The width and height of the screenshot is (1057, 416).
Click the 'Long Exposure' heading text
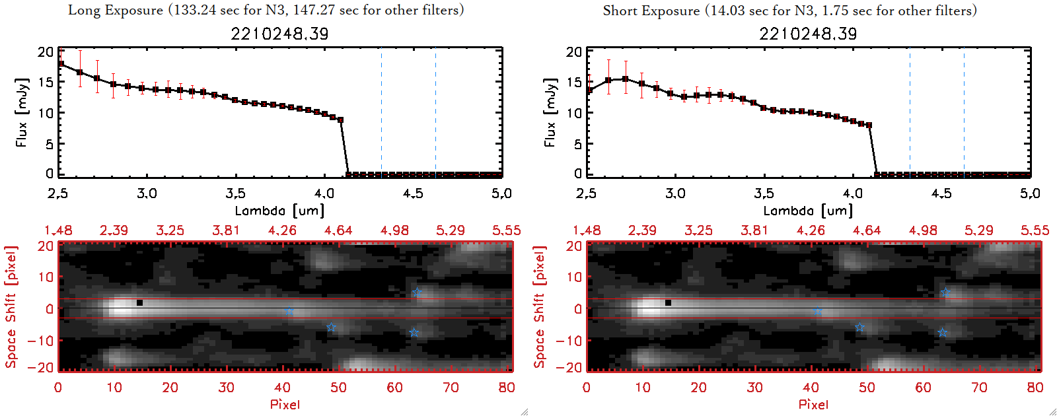(x=116, y=10)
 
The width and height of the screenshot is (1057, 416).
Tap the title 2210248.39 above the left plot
(x=279, y=34)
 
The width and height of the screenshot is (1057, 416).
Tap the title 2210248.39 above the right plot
(x=808, y=34)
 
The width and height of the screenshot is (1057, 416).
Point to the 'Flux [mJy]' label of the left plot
(x=22, y=112)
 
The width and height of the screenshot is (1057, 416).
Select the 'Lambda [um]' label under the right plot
(x=808, y=211)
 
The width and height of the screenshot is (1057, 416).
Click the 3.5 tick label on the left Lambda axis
(x=235, y=193)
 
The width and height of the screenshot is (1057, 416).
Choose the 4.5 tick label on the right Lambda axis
(x=941, y=193)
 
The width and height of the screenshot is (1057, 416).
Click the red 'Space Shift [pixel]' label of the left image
(x=11, y=307)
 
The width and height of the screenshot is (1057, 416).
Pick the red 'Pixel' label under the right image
(x=813, y=404)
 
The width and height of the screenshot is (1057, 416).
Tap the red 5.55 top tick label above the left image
(x=506, y=230)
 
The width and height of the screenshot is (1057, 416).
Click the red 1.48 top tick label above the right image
(x=587, y=230)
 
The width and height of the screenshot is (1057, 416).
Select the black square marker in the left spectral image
(x=139, y=303)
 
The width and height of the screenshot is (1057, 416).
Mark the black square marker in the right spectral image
(x=668, y=303)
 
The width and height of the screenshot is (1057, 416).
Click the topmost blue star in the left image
(x=417, y=292)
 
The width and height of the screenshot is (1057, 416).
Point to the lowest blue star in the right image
(x=942, y=332)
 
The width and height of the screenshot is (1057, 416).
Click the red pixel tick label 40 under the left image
(x=283, y=388)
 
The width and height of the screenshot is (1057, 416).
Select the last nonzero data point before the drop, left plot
(x=341, y=120)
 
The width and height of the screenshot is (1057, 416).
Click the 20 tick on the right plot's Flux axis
(x=574, y=52)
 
